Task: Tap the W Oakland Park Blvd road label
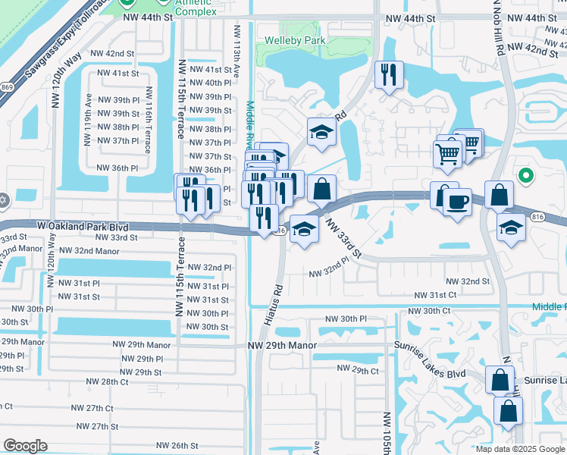click(x=82, y=226)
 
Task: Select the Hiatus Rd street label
click(x=274, y=305)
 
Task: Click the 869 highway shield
click(x=7, y=88)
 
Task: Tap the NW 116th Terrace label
click(x=148, y=120)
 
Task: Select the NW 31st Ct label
click(x=435, y=295)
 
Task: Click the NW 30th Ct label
click(x=429, y=311)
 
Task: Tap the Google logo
click(x=25, y=446)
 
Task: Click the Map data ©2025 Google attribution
click(x=520, y=449)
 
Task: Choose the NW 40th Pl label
click(x=210, y=83)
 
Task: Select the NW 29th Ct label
click(x=358, y=369)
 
